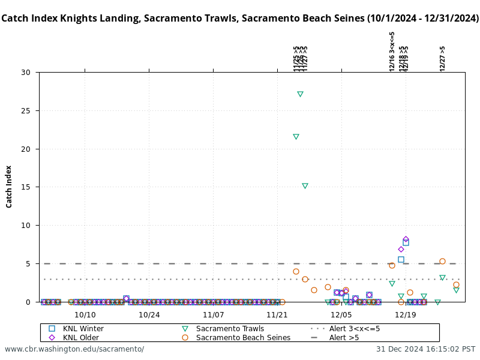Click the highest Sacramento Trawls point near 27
(x=300, y=94)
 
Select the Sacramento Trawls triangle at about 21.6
(x=296, y=137)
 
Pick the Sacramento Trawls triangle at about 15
(x=305, y=186)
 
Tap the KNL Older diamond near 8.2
(x=406, y=239)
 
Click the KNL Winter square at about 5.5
(x=401, y=260)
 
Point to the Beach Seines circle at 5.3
(x=442, y=261)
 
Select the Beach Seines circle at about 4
(x=296, y=271)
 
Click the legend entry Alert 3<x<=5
(x=354, y=329)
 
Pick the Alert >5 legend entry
(x=343, y=338)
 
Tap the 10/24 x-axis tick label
(x=149, y=314)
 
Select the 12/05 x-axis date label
(x=341, y=314)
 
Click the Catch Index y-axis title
(x=9, y=187)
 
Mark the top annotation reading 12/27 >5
(x=443, y=59)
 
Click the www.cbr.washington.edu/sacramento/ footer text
(x=74, y=349)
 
